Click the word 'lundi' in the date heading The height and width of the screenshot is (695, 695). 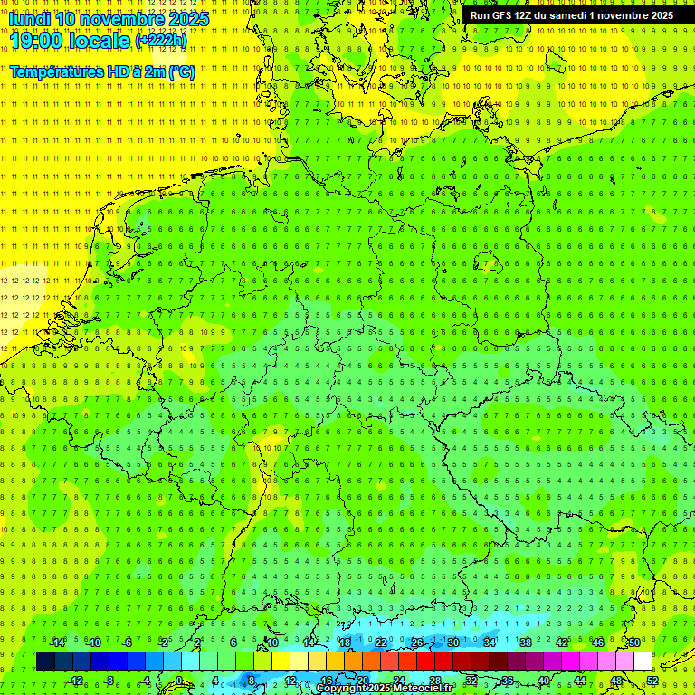point(29,19)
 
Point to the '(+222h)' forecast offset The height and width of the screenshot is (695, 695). point(161,40)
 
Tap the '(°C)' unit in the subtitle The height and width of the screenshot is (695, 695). point(179,71)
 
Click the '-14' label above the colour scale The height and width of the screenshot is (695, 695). point(58,643)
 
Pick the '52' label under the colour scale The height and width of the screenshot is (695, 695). point(652,681)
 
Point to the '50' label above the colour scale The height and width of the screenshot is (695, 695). point(634,643)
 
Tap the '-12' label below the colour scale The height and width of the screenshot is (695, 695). point(76,681)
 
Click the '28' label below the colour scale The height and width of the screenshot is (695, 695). point(435,681)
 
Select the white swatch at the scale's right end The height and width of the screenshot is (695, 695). point(643,662)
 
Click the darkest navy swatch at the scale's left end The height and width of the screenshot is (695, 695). point(45,662)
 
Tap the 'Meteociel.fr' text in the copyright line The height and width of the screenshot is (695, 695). point(423,689)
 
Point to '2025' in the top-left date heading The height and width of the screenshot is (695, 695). point(187,19)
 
